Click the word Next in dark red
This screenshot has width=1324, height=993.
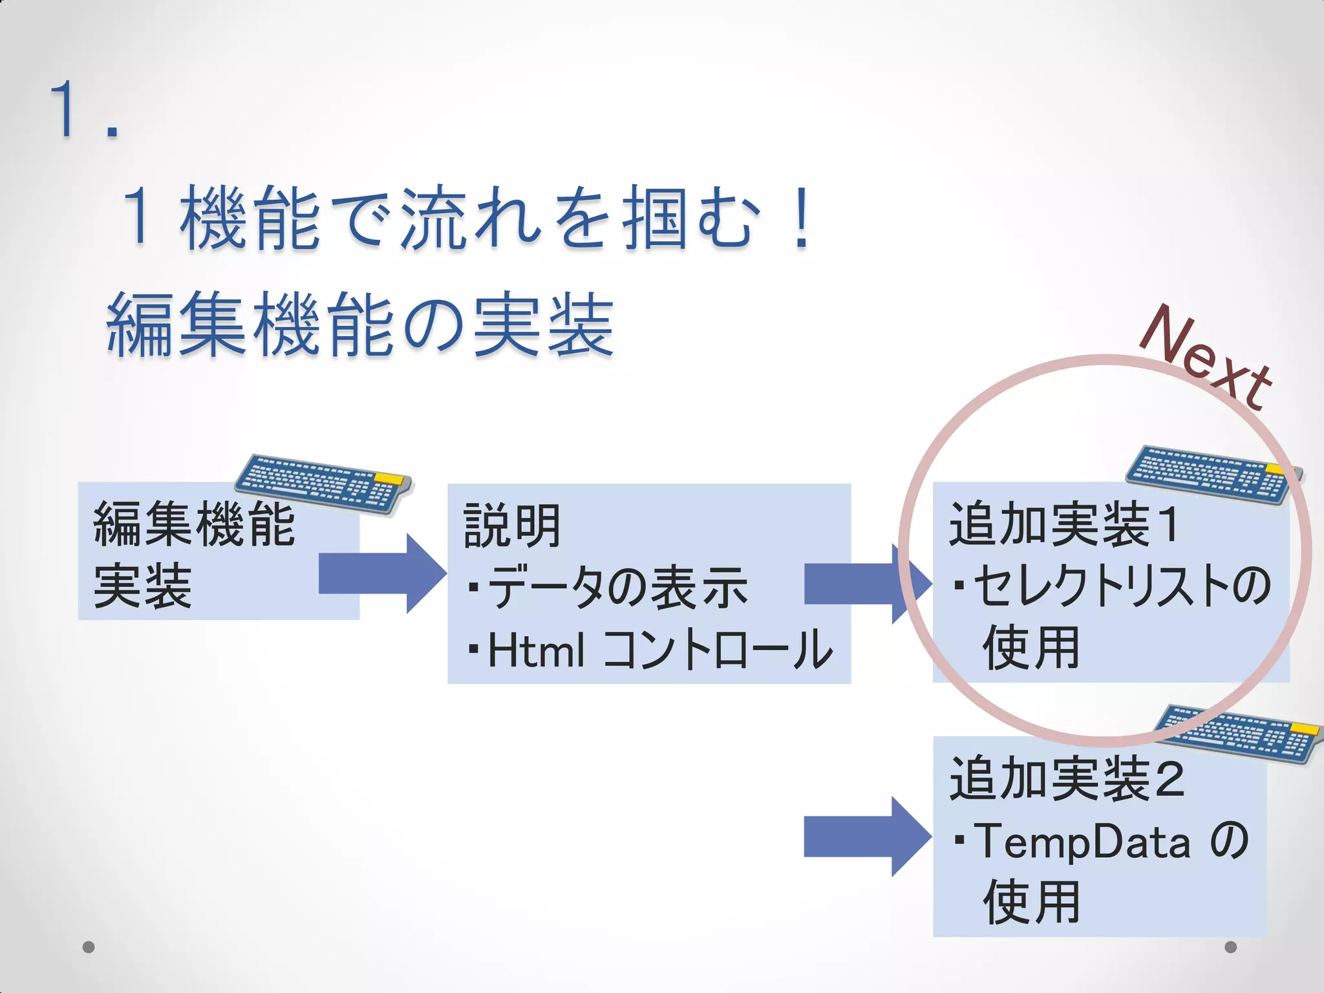pyautogui.click(x=1206, y=358)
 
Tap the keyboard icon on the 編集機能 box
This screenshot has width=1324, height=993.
pyautogui.click(x=323, y=484)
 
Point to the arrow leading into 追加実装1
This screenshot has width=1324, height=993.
pyautogui.click(x=866, y=584)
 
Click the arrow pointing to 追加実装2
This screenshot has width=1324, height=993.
pyautogui.click(x=866, y=837)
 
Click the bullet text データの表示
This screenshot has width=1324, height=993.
pyautogui.click(x=617, y=588)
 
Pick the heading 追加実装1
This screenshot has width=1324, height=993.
pyautogui.click(x=1064, y=524)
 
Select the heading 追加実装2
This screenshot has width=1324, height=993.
pyautogui.click(x=1067, y=779)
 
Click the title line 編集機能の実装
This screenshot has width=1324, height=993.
pyautogui.click(x=360, y=325)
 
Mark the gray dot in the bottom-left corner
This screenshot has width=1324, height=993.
pyautogui.click(x=89, y=947)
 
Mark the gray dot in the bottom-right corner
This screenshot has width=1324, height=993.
pyautogui.click(x=1231, y=947)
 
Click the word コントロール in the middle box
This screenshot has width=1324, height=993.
pyautogui.click(x=718, y=650)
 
